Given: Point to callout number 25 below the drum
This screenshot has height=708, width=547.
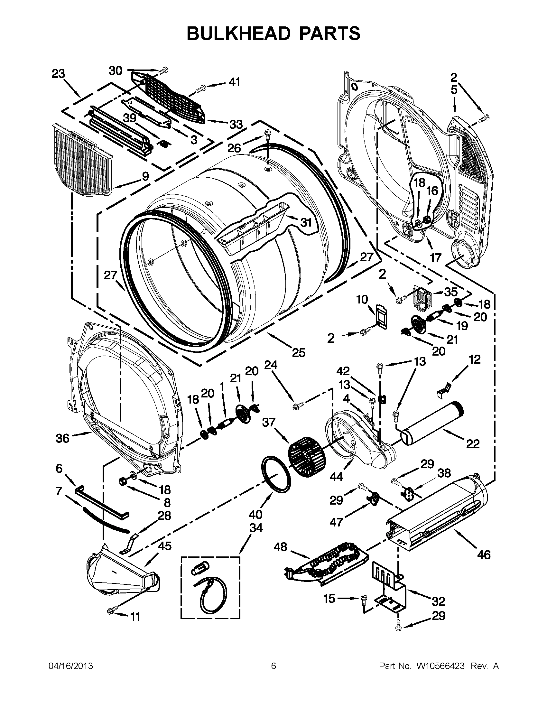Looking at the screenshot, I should tap(299, 352).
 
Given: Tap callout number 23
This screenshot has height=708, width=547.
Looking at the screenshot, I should tap(58, 74).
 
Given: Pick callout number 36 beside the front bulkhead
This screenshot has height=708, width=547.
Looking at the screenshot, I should tap(62, 438).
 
